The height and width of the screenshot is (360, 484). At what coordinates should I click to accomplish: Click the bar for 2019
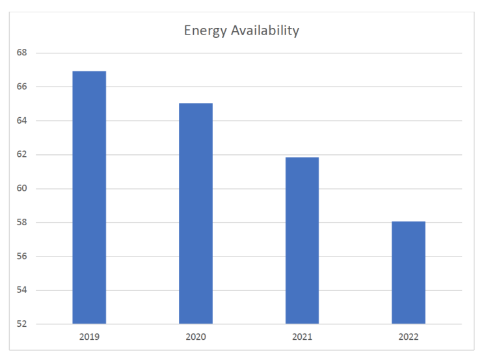point(89,197)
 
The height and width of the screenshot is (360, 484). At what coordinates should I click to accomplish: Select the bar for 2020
point(196,214)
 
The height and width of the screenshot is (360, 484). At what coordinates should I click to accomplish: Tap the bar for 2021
point(302,240)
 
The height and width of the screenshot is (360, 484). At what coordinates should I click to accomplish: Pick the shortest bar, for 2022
point(409,273)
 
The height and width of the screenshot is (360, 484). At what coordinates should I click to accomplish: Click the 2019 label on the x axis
point(89,337)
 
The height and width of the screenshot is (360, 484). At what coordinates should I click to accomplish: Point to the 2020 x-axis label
point(196,337)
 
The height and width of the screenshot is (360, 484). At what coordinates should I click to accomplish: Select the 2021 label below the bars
point(302,337)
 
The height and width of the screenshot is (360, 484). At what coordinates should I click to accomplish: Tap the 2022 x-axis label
point(409,337)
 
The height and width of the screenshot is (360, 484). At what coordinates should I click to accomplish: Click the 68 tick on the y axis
point(22,53)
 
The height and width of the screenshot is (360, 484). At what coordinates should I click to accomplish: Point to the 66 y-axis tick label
point(22,87)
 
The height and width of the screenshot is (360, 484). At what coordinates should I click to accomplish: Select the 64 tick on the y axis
point(22,120)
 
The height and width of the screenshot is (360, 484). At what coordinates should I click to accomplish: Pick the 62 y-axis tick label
point(22,154)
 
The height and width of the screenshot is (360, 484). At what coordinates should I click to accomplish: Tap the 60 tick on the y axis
point(22,189)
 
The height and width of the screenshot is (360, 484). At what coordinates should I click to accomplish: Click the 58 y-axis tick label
point(22,223)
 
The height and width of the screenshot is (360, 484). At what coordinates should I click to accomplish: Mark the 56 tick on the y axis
point(22,256)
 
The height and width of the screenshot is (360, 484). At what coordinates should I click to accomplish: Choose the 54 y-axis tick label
point(22,290)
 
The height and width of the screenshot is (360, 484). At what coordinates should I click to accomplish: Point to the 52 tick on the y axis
point(22,324)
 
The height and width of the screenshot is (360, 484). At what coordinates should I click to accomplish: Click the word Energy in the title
point(204,31)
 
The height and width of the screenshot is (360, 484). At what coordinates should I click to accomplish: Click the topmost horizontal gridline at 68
point(260,53)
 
